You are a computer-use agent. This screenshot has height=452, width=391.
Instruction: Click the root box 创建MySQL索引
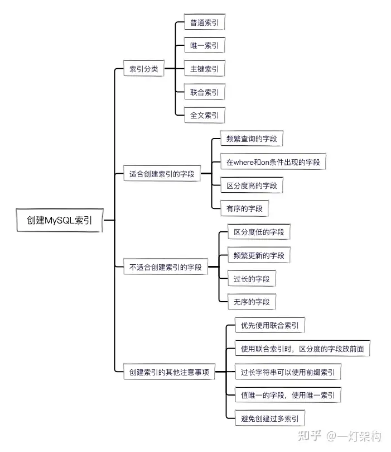[60, 220]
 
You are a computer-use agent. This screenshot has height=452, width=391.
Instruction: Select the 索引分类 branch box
[143, 69]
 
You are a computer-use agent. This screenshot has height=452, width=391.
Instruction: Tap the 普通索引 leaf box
[204, 22]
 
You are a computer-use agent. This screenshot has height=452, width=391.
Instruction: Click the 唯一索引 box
[204, 45]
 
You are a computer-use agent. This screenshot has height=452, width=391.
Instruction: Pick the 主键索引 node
[204, 69]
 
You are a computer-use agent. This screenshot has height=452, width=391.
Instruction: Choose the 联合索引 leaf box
[204, 92]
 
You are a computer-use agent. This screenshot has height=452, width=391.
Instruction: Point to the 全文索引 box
[204, 115]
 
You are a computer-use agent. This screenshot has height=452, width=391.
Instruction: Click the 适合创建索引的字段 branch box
[162, 174]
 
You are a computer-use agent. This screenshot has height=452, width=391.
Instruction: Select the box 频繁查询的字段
[252, 139]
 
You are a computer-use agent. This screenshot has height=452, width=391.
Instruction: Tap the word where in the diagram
[243, 162]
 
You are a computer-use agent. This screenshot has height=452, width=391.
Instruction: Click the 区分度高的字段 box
[252, 185]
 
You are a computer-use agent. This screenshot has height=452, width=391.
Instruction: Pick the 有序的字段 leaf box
[244, 208]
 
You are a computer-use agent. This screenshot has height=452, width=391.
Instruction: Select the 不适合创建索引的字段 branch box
[166, 267]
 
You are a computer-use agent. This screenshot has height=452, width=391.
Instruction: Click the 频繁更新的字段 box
[259, 255]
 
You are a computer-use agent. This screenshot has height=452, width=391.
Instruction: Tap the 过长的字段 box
[252, 278]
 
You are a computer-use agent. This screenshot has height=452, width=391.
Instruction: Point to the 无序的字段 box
[252, 302]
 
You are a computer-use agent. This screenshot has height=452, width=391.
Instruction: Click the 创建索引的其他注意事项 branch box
[169, 372]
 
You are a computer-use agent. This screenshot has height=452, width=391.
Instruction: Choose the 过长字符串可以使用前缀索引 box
[288, 372]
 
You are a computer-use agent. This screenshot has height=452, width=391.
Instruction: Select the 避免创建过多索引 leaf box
[269, 418]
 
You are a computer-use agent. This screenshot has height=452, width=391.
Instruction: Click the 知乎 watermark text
[310, 436]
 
